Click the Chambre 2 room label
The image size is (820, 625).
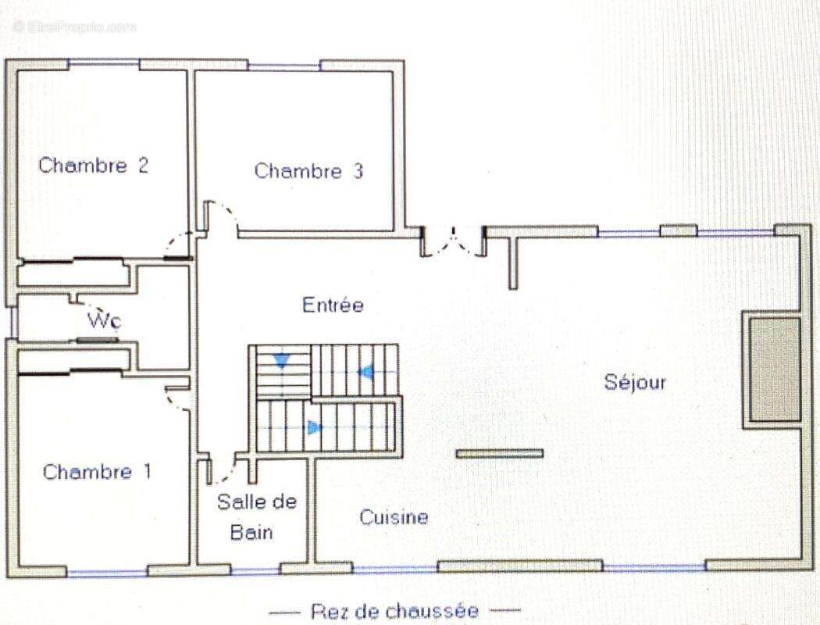point(94,166)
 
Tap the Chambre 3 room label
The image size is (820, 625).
point(308,171)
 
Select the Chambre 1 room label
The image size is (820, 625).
point(98,472)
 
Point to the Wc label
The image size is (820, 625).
point(104,320)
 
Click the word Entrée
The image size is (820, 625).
point(333,305)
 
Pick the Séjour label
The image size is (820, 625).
point(635,382)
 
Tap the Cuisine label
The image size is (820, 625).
point(394,517)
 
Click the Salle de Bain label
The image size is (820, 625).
point(256,517)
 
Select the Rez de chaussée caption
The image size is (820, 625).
point(394,611)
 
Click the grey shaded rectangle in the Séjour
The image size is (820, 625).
point(774,369)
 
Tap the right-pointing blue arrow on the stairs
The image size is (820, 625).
point(315,427)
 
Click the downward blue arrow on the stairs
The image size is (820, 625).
point(280,361)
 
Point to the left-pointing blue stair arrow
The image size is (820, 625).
point(365,372)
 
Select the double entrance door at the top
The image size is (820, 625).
point(453,242)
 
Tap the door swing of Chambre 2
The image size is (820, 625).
point(178,245)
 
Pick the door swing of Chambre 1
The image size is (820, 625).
point(180,398)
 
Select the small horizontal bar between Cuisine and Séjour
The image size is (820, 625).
point(500,453)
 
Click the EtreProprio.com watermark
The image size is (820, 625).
point(74,27)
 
